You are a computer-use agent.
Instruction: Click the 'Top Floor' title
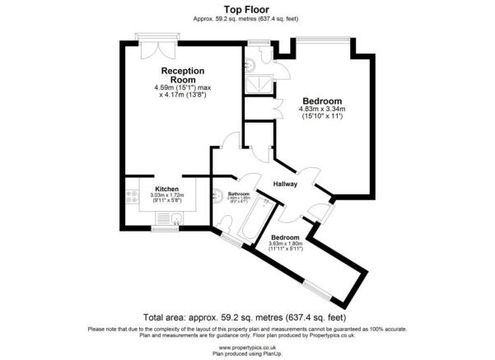[x=246, y=11]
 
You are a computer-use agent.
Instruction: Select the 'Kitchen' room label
[x=168, y=189]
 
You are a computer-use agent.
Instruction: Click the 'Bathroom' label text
[x=238, y=194]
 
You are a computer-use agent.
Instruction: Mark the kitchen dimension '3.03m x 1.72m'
[x=168, y=195]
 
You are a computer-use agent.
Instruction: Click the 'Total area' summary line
[x=246, y=317]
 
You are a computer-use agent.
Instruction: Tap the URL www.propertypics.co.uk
[x=246, y=348]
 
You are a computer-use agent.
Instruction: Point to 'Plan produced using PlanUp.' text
[x=246, y=353]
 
